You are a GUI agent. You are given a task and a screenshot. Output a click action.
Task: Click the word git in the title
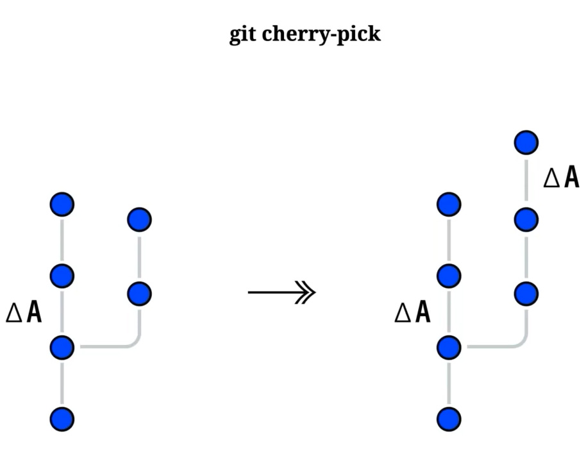coord(243,33)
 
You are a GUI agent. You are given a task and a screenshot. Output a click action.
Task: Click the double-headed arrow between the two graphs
coord(282,293)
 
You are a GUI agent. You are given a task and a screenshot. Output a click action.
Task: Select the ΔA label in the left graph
coord(24,312)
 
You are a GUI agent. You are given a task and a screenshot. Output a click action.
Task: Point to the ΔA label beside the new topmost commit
coord(561,178)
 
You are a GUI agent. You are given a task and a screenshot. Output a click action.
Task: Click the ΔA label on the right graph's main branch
coord(412,312)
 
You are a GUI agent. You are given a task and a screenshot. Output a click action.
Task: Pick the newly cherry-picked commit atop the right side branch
coord(526,142)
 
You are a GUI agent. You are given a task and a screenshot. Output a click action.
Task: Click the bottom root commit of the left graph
coord(62,419)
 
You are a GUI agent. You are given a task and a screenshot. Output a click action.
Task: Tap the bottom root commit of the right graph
coord(449,419)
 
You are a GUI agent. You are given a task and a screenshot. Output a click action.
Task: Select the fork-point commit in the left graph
coord(62,348)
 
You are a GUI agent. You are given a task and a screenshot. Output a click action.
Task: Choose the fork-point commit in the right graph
coord(449,348)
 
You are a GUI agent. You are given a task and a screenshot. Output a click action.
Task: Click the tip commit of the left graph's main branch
coord(62,205)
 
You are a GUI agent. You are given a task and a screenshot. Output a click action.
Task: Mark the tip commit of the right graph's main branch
coord(449,205)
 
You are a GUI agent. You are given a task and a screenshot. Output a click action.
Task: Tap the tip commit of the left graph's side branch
coord(139,219)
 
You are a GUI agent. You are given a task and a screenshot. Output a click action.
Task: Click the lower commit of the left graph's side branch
coord(139,294)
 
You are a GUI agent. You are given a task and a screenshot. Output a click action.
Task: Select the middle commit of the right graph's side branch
coord(526,219)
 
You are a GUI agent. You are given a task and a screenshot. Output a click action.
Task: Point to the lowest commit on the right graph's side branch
coord(526,294)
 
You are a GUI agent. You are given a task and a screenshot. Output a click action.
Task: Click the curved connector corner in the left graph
coord(135,343)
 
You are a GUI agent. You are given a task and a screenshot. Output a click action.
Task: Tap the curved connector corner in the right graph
coord(521,343)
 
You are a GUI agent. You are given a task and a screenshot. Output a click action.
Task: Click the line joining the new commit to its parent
coord(526,181)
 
